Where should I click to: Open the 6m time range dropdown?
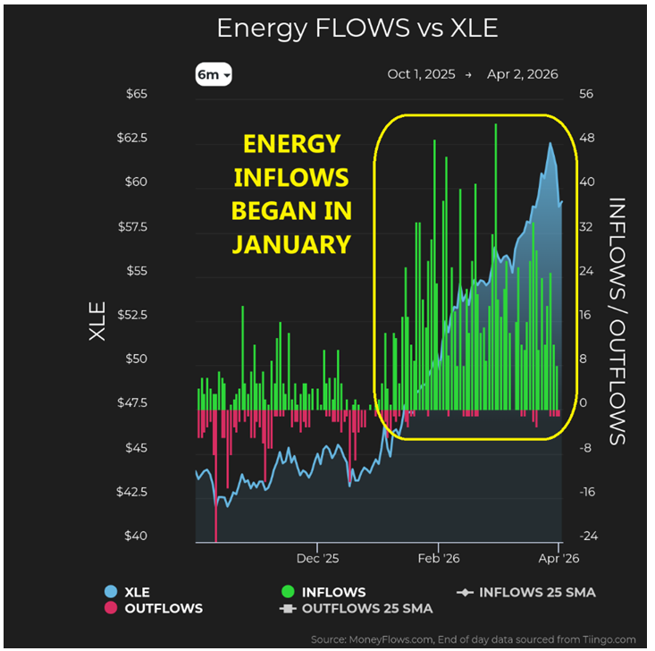pos(214,75)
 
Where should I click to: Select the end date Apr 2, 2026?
pos(522,74)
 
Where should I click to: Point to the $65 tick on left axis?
pos(159,94)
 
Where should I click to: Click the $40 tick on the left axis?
pos(159,537)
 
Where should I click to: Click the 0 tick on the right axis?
pos(584,403)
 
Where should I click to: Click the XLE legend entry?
pos(134,592)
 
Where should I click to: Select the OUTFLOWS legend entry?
pos(163,608)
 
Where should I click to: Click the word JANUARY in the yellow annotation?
pos(291,243)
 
